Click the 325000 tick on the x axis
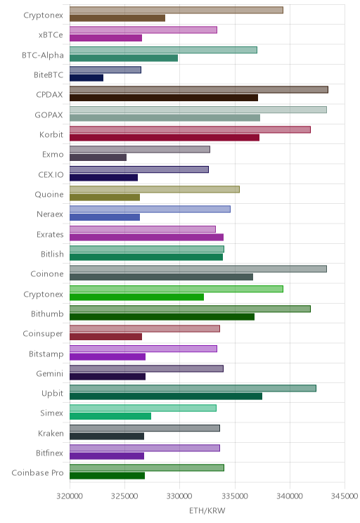point(124,496)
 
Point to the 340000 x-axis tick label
point(290,496)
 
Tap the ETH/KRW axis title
point(207,510)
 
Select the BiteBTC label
point(49,75)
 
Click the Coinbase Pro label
point(37,472)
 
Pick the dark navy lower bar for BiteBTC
point(86,78)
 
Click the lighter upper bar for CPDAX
point(199,89)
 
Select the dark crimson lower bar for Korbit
point(165,137)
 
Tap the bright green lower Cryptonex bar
point(137,297)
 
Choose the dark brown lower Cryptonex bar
point(117,18)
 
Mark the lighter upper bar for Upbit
point(193,388)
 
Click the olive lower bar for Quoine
point(105,197)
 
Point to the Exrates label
point(50,235)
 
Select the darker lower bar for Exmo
point(98,157)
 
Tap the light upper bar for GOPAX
point(198,110)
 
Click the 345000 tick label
point(345,496)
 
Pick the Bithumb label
point(47,314)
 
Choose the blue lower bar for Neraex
point(105,217)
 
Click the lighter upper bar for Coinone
point(198,269)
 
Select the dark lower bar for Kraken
point(107,436)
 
